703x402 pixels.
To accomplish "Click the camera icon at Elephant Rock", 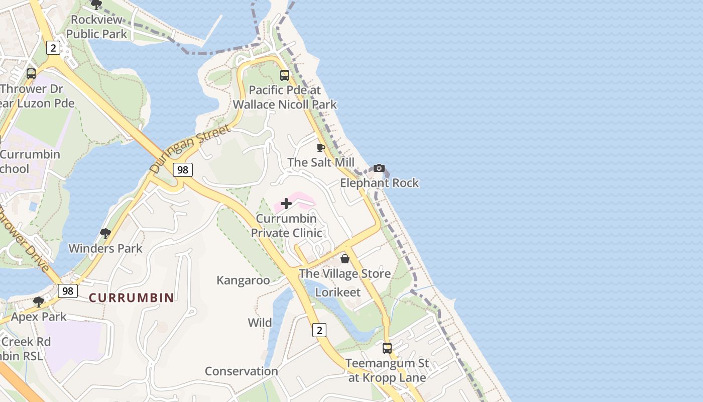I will (379, 168).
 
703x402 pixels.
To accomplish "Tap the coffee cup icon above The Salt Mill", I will (321, 148).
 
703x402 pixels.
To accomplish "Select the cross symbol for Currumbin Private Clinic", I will (286, 204).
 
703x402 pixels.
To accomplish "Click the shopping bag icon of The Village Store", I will (345, 259).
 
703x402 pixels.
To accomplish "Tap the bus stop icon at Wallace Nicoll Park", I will (285, 75).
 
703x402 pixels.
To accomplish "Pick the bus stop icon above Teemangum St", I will (387, 348).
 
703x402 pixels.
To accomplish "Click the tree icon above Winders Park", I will (105, 233).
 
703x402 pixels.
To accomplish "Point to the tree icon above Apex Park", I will (39, 302).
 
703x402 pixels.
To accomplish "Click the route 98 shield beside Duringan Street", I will (183, 170).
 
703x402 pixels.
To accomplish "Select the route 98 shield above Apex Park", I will (68, 291).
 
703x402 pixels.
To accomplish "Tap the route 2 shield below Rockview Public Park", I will (53, 48).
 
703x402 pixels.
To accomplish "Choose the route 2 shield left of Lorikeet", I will (319, 330).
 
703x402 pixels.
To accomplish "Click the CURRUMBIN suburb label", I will (132, 297).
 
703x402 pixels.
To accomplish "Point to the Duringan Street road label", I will (191, 149).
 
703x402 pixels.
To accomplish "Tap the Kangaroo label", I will (243, 280).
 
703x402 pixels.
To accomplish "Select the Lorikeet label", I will (338, 292).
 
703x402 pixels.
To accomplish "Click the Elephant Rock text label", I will (379, 183).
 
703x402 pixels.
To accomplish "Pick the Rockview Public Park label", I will (97, 27).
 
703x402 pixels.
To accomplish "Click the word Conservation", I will (242, 371).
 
